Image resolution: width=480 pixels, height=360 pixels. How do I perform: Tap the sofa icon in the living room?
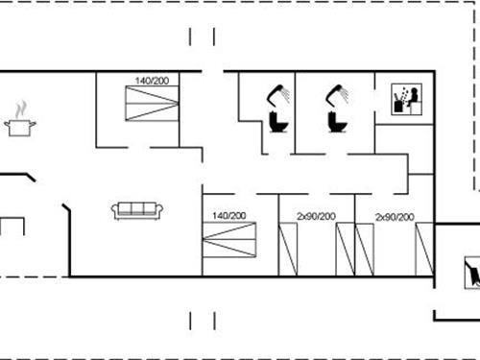137,210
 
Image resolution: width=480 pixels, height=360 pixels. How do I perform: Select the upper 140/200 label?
152,81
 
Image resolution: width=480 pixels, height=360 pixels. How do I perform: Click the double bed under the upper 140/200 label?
152,104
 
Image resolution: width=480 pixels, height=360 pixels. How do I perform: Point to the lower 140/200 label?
229,216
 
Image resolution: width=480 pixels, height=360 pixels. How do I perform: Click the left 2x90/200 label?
316,216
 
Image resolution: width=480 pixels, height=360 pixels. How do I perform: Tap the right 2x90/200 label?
395,216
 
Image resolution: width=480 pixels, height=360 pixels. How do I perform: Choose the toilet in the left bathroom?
278,123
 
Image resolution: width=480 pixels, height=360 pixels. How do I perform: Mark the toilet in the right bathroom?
336,123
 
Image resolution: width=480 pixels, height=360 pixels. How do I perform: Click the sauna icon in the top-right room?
406,100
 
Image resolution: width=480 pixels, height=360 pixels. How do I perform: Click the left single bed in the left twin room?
288,250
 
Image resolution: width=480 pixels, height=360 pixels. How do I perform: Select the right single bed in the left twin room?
346,250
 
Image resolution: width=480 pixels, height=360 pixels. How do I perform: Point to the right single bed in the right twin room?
423,250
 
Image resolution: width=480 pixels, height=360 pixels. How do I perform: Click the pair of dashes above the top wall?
202,36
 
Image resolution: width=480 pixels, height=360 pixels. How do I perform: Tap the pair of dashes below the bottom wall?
202,319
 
